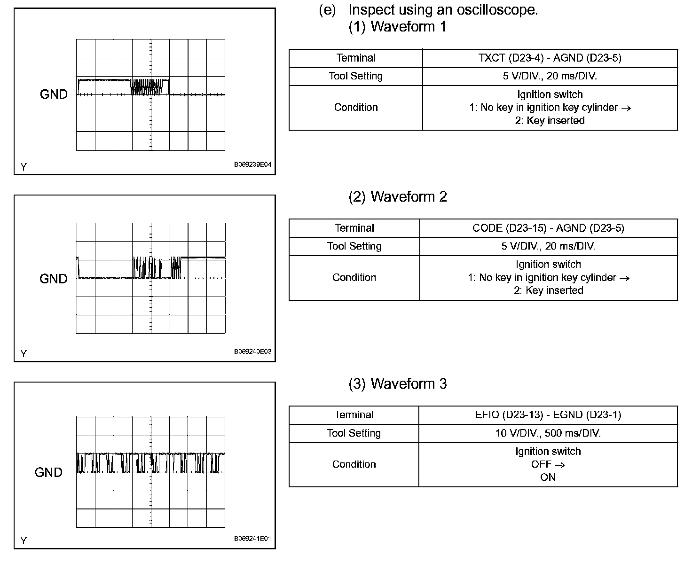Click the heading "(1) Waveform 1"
point(397,27)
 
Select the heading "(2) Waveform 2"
point(397,196)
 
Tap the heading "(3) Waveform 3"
point(397,383)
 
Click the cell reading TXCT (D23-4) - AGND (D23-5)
point(550,58)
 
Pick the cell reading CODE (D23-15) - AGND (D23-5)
point(548,228)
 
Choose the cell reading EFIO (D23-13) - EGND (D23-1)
point(548,415)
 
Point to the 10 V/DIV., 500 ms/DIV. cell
point(548,433)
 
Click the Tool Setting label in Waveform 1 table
point(355,76)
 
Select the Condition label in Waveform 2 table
point(354,277)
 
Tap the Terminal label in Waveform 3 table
point(354,415)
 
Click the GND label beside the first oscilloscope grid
point(54,94)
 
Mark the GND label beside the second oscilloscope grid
point(54,279)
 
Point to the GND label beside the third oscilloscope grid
point(48,472)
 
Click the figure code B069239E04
point(252,165)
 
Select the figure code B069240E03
point(252,352)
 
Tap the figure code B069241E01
point(252,539)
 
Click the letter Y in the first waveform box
point(24,167)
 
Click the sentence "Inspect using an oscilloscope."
point(443,9)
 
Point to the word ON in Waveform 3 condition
point(548,477)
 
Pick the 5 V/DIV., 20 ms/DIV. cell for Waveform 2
point(548,246)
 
